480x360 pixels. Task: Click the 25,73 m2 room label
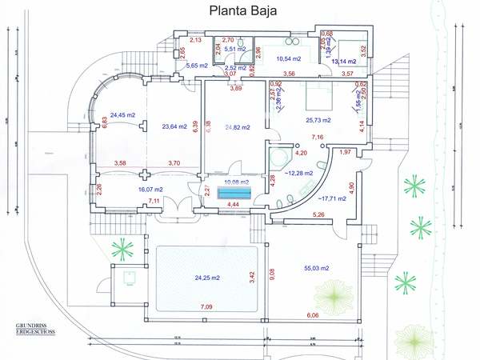[x=322, y=119]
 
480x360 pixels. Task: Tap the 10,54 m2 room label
[x=288, y=58]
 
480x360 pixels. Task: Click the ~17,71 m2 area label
[x=328, y=197]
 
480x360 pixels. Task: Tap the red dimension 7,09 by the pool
[x=206, y=306]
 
